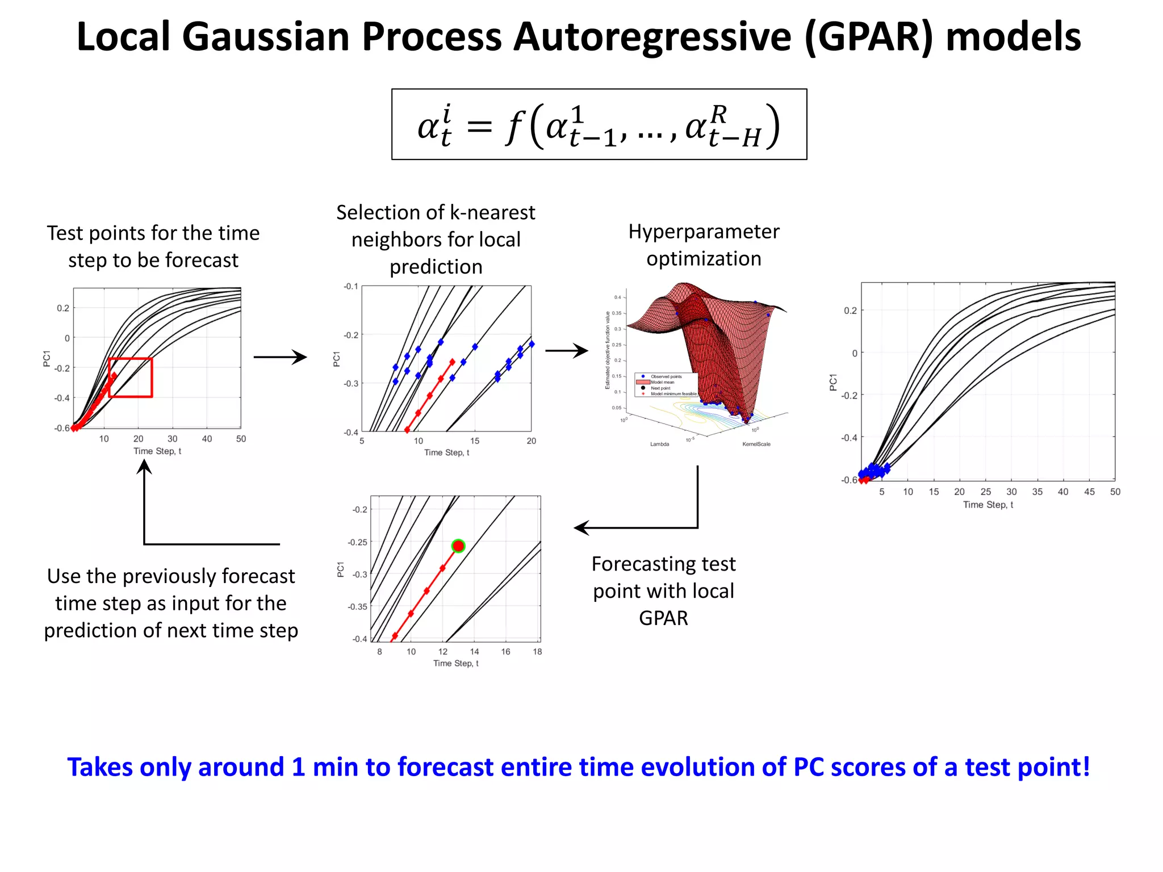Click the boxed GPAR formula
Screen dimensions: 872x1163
(x=599, y=124)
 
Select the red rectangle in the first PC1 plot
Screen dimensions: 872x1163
(x=130, y=378)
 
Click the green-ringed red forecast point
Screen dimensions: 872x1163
(x=458, y=546)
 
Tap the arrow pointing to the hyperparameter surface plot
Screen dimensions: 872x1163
(x=566, y=351)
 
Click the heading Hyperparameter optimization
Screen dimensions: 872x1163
(x=704, y=245)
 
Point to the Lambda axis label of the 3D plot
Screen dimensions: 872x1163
(x=659, y=444)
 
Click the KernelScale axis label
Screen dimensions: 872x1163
(x=756, y=444)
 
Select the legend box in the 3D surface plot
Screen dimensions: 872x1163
(x=666, y=385)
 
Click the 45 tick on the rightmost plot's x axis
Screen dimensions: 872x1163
(x=1089, y=492)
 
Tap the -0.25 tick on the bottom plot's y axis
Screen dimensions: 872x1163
(x=358, y=542)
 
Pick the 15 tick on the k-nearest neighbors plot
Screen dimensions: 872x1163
(x=475, y=441)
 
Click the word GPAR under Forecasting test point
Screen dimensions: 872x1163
(x=663, y=618)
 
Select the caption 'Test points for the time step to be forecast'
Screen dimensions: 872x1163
(x=153, y=246)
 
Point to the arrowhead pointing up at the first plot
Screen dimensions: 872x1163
(x=145, y=467)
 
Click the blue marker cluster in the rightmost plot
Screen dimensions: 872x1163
(x=875, y=471)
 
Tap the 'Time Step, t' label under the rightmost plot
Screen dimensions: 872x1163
(x=988, y=505)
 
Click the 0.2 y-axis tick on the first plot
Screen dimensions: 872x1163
(x=62, y=308)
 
